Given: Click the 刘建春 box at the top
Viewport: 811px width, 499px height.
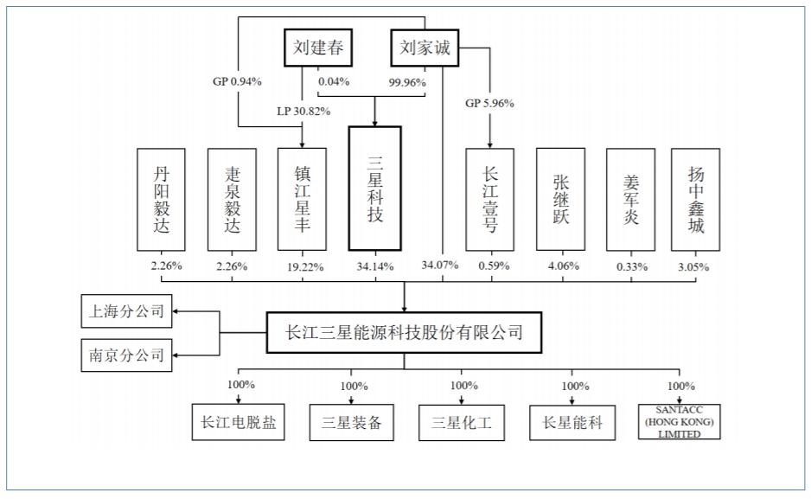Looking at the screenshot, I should click(x=316, y=48).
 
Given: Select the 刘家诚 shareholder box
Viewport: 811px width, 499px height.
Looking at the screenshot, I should click(x=425, y=48).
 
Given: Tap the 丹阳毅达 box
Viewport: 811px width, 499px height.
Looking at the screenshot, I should click(x=161, y=199).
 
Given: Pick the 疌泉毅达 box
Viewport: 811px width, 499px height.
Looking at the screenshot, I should click(x=232, y=199).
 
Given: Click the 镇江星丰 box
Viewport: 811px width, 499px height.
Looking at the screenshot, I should click(x=302, y=199).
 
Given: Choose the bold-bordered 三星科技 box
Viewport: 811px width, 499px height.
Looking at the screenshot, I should click(x=374, y=189).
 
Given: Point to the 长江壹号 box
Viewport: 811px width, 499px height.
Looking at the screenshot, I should click(x=489, y=199).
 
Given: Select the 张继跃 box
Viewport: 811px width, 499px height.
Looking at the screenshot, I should click(x=560, y=199).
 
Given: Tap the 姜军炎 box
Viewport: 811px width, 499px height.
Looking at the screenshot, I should click(x=630, y=199).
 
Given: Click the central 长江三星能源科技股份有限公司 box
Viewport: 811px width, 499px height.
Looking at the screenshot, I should click(x=404, y=332).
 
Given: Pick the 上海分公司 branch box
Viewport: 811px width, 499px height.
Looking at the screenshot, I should click(x=126, y=311).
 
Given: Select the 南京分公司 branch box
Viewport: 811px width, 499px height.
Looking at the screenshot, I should click(x=126, y=354).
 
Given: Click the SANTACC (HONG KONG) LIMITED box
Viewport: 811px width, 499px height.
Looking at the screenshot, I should click(x=681, y=423).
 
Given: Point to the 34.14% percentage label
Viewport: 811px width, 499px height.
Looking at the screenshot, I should click(x=374, y=265).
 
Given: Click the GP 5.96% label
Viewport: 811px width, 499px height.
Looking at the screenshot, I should click(x=489, y=103).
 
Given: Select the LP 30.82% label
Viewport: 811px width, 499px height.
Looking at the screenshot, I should click(x=303, y=111).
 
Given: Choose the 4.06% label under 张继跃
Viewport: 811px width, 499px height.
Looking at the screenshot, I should click(x=561, y=265).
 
